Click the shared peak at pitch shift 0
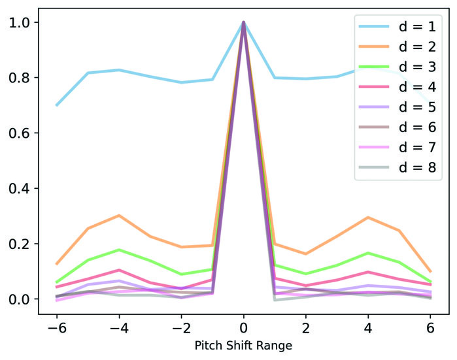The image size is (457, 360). point(243,23)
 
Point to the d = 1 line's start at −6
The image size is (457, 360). point(57,105)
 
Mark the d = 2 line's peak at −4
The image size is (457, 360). point(119,216)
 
